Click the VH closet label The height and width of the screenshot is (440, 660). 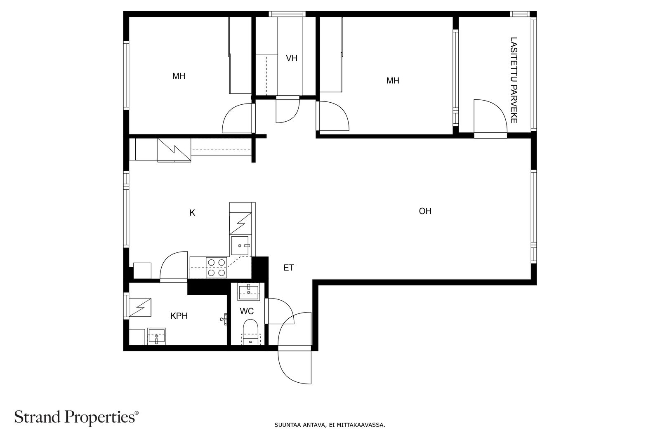pyautogui.click(x=291, y=58)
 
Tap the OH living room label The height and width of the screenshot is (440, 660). pyautogui.click(x=425, y=211)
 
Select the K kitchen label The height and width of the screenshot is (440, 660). pyautogui.click(x=192, y=213)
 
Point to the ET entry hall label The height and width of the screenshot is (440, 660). pyautogui.click(x=288, y=268)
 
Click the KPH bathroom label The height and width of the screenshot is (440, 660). pyautogui.click(x=179, y=316)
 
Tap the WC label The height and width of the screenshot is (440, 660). pyautogui.click(x=247, y=311)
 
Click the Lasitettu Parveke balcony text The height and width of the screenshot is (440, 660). pyautogui.click(x=514, y=80)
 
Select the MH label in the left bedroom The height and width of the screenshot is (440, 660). pyautogui.click(x=179, y=76)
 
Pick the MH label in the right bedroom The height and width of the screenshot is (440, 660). pyautogui.click(x=392, y=80)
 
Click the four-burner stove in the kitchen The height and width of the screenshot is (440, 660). pyautogui.click(x=216, y=267)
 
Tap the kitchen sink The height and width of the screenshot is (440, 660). pyautogui.click(x=240, y=245)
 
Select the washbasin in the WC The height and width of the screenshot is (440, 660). pyautogui.click(x=249, y=292)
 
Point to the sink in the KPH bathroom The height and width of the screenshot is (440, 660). pyautogui.click(x=156, y=336)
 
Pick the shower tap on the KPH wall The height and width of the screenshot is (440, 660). pyautogui.click(x=224, y=319)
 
